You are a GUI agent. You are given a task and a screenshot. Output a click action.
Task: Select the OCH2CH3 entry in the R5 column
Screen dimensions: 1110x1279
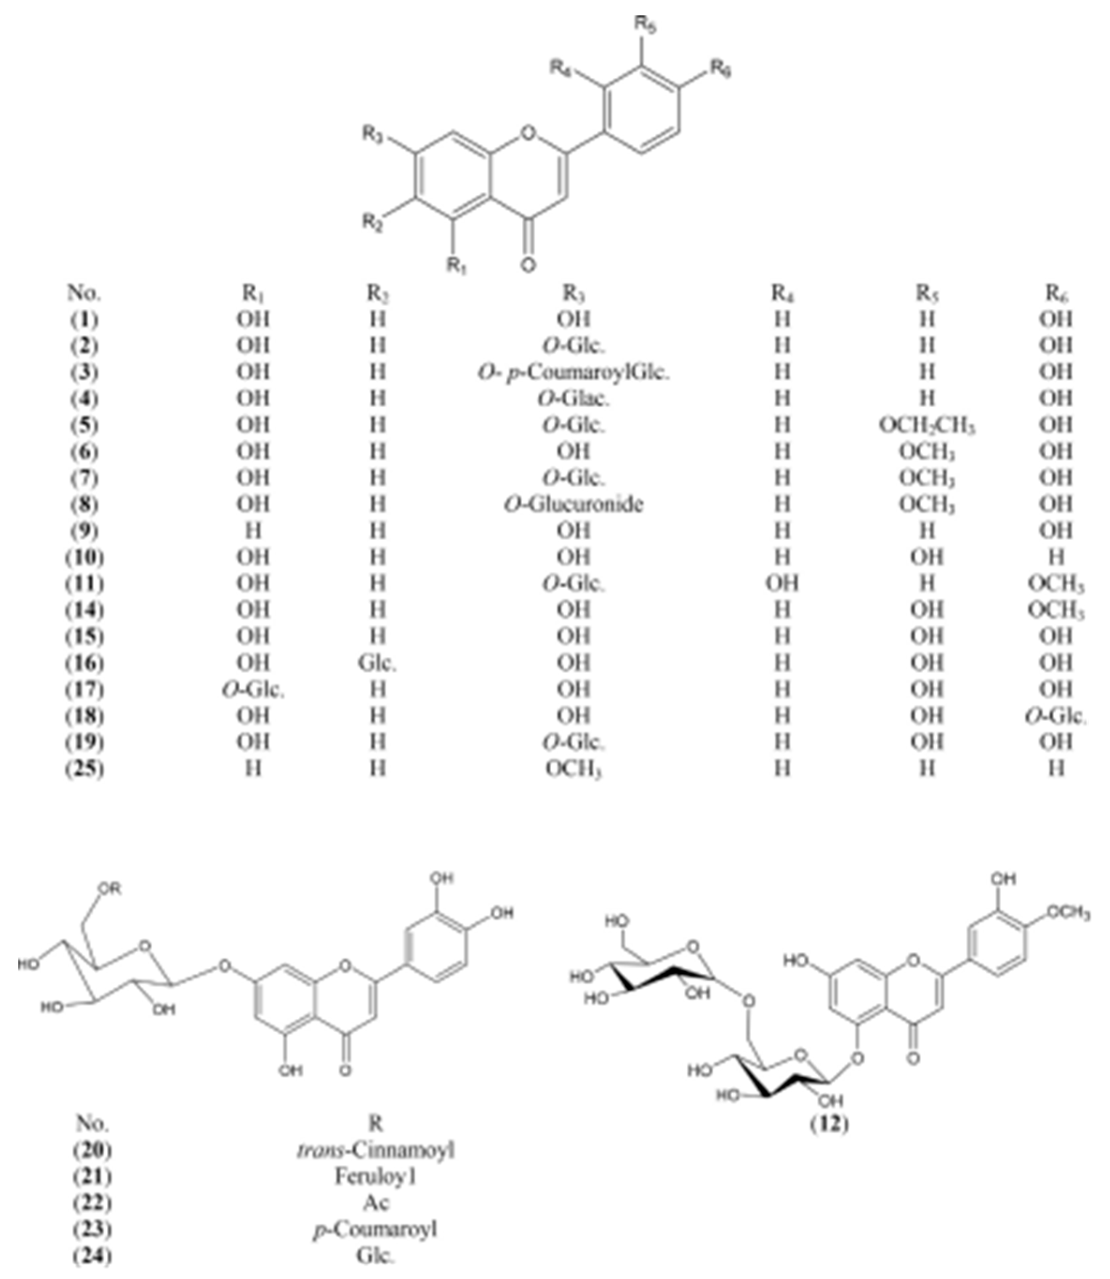[927, 425]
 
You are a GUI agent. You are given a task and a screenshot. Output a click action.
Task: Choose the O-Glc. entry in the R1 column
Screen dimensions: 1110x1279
[253, 690]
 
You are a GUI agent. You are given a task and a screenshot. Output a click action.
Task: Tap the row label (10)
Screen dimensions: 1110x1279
[85, 558]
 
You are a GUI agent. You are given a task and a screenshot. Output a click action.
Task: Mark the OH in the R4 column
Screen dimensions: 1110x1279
[782, 584]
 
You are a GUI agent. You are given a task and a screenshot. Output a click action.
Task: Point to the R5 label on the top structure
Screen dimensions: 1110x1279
[645, 26]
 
